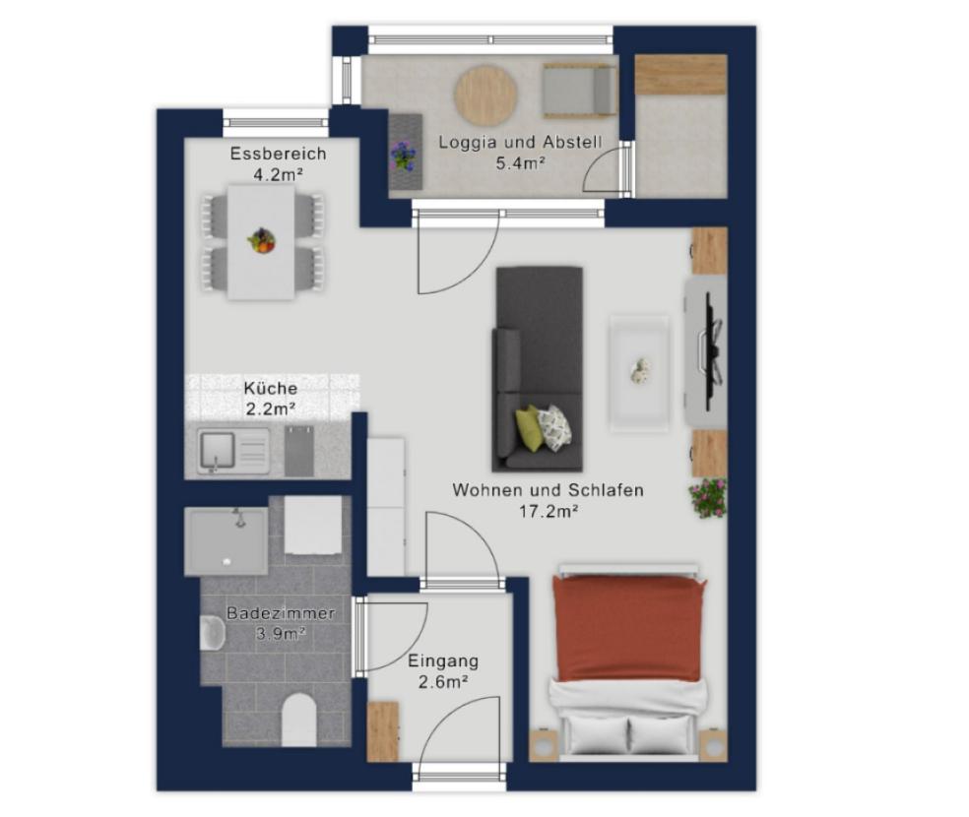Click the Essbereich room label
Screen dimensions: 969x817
(278, 154)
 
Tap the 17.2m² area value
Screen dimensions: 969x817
(549, 511)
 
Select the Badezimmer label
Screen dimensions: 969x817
(281, 613)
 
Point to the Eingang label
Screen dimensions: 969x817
(443, 661)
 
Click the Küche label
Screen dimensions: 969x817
(271, 389)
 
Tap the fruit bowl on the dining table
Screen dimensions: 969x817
(261, 240)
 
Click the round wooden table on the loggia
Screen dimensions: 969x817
(485, 95)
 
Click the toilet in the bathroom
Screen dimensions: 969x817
(298, 719)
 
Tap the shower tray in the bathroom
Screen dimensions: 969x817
(226, 541)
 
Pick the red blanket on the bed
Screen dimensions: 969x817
(629, 627)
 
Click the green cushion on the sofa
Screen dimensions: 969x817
(529, 427)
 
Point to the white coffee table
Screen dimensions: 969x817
(639, 373)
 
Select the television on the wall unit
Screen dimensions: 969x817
(713, 350)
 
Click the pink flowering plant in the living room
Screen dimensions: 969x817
(708, 497)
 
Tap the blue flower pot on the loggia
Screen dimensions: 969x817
(403, 155)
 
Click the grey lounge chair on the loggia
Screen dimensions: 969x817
(580, 92)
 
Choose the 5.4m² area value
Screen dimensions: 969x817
(520, 163)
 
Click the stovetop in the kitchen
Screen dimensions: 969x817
(299, 452)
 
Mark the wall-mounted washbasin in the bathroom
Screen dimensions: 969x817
(212, 632)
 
